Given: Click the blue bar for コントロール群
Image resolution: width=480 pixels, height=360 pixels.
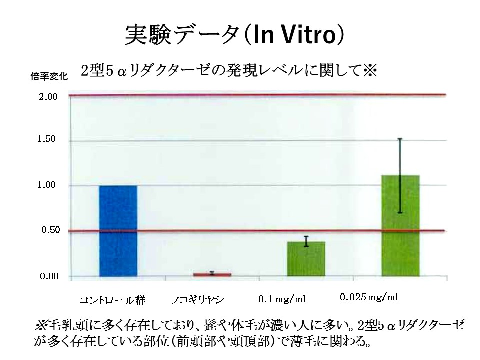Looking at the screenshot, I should pos(118,231).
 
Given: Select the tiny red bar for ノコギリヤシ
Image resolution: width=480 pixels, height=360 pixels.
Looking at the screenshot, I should pos(212,274).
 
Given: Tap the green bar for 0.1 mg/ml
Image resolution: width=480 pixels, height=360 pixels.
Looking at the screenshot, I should pos(306,259).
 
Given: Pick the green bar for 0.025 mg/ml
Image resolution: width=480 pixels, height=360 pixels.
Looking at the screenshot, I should pos(400,226).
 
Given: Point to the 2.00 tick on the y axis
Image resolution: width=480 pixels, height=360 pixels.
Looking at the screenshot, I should pos(48,96).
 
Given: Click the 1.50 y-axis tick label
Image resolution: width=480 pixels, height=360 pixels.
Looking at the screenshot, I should pos(48,140).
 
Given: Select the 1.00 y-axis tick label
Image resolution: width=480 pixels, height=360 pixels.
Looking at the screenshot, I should pos(48,185).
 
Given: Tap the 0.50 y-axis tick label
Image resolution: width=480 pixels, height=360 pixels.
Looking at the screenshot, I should pos(48,230).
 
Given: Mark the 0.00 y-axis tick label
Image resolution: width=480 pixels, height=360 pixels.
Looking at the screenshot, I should pos(48,276).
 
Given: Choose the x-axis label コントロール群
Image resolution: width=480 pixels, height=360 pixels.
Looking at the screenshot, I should pos(112,300).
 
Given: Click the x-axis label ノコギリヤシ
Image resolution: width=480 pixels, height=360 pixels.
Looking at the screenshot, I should pos(197,300).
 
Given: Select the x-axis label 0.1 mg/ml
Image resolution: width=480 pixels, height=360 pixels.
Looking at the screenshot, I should pos(281,299).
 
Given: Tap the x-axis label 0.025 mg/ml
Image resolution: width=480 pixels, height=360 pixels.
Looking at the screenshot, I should pos(369,297).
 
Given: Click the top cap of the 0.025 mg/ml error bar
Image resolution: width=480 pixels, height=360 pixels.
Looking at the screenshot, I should pos(400,139).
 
